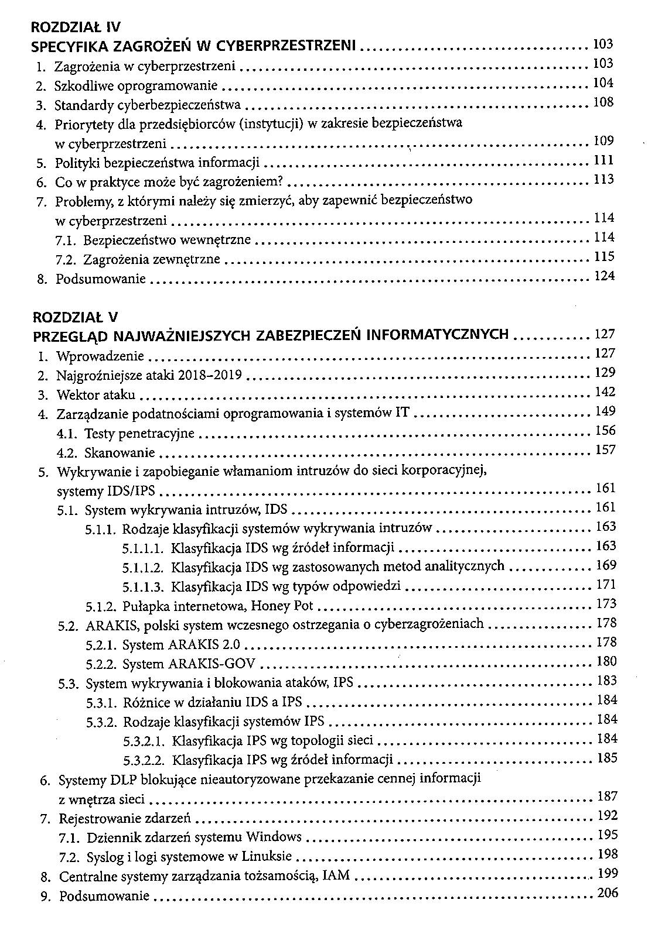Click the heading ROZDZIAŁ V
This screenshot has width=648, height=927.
coord(76,317)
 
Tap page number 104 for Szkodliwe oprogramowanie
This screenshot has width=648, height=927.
coord(603,83)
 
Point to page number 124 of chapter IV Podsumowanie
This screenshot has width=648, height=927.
coord(604,276)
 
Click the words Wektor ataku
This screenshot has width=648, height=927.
coord(96,395)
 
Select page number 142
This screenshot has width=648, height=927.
coord(605,392)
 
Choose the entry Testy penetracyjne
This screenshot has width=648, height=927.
coord(139,434)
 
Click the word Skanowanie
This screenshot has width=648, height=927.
coord(120,453)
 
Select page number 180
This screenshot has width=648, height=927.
coord(606,661)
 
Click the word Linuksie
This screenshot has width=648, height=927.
coord(267,857)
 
